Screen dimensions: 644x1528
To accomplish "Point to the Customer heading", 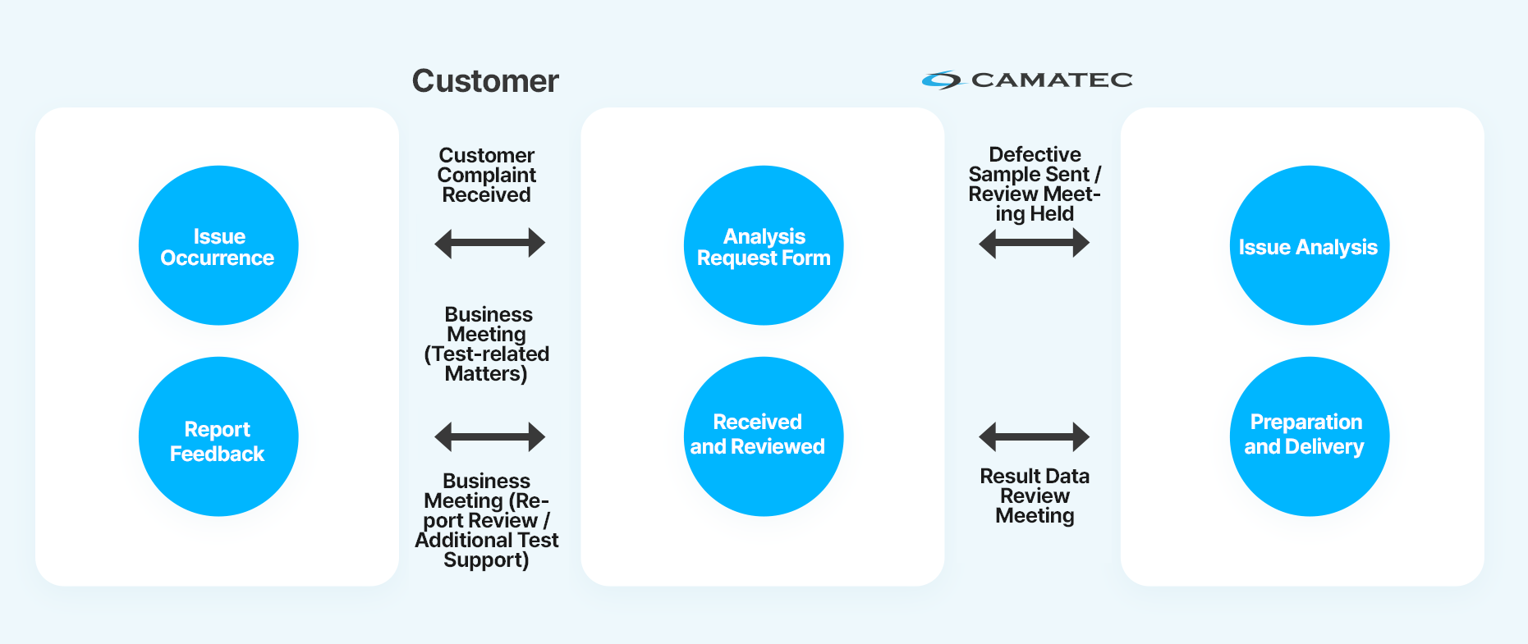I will pos(485,81).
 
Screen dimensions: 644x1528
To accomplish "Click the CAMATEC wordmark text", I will pos(1052,80).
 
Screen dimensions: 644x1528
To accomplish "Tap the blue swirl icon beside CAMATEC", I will pos(941,80).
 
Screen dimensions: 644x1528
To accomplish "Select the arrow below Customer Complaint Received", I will pos(489,243).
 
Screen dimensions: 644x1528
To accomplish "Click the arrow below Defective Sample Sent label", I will pos(1035,243).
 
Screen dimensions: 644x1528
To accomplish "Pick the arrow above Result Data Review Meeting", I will pos(1035,436).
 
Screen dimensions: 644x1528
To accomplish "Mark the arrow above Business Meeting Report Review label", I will pos(489,436).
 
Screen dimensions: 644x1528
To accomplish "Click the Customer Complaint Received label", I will pos(487,175).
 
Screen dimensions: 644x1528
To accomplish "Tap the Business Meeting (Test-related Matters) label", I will pos(487,344).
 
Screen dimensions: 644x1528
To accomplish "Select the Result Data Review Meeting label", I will pos(1035,496).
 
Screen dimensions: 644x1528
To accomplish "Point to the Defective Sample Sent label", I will pos(1035,184).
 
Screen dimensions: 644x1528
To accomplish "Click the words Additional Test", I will pos(487,540).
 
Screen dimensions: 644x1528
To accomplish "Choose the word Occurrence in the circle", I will pos(218,258).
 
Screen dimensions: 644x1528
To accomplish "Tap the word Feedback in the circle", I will pos(218,454).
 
